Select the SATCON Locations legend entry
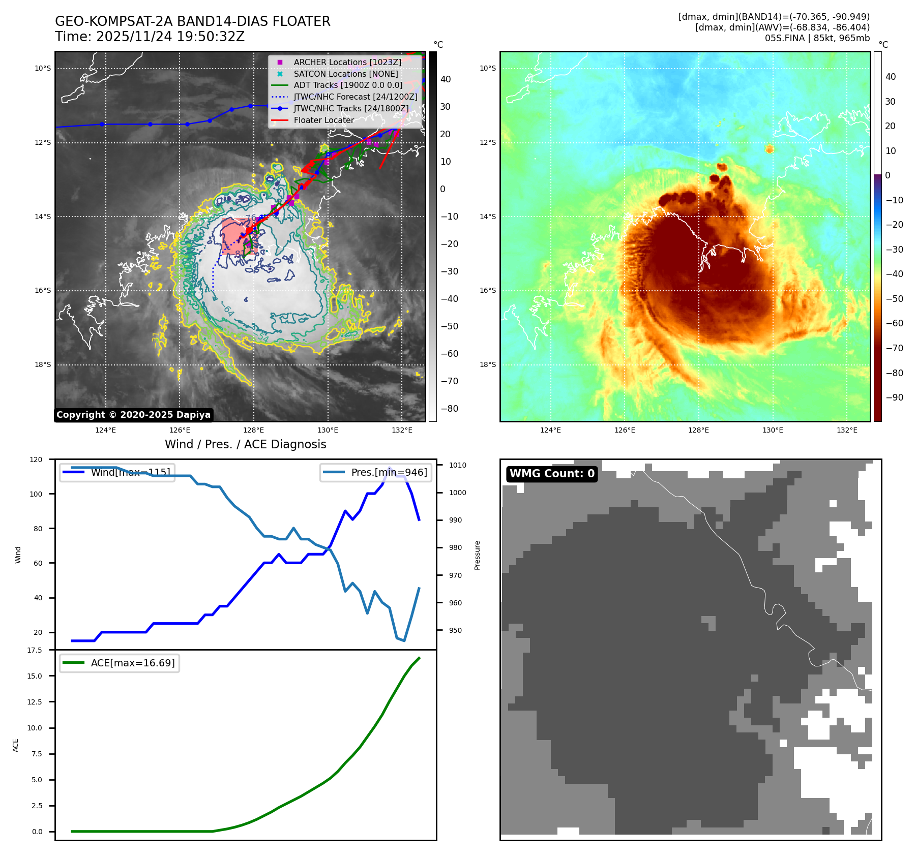pos(345,74)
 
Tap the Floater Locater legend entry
pos(323,120)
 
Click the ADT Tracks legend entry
pos(348,85)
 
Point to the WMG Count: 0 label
pos(552,474)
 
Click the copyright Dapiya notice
pos(133,415)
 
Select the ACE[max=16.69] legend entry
pos(132,663)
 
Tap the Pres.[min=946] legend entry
pos(389,472)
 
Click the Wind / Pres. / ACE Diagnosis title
pos(246,444)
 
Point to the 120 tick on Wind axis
pos(36,459)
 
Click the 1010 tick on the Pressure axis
pos(458,465)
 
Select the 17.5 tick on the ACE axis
pos(35,650)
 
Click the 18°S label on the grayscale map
pos(43,365)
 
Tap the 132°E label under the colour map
pos(847,431)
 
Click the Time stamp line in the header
pos(150,37)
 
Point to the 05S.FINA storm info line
pos(817,38)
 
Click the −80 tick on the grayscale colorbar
pos(449,409)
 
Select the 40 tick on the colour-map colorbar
pos(891,77)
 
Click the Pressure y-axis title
pos(477,555)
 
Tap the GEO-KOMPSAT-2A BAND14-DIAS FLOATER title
pos(193,21)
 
